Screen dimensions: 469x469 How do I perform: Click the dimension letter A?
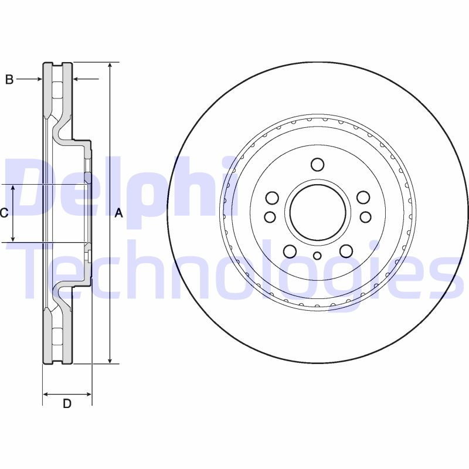(x=118, y=213)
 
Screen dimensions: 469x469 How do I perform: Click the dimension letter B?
(x=9, y=80)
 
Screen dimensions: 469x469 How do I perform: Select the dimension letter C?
(x=4, y=213)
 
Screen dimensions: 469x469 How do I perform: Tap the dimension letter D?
(x=67, y=403)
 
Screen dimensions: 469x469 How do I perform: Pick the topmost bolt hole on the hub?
(x=317, y=164)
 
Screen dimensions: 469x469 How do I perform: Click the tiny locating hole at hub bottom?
(x=317, y=255)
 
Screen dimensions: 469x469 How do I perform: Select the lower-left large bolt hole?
(x=289, y=252)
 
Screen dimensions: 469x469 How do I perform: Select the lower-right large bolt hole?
(x=346, y=252)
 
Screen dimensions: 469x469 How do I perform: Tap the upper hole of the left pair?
(x=271, y=197)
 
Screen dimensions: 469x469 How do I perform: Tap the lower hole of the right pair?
(x=365, y=217)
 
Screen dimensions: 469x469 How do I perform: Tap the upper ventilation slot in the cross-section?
(x=57, y=91)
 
